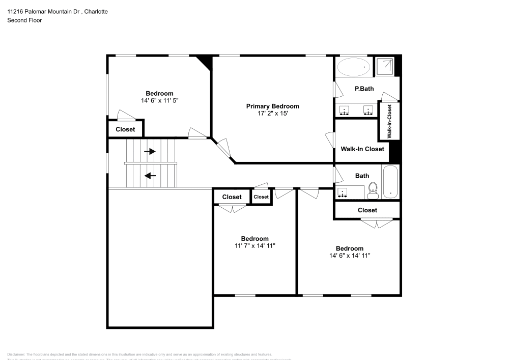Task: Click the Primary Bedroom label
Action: [x=272, y=106]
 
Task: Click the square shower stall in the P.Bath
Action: [x=385, y=66]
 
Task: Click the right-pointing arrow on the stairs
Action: [x=150, y=151]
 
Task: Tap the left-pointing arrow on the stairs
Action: [x=150, y=176]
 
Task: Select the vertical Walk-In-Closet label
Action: [x=389, y=121]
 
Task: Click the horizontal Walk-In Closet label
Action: [x=362, y=149]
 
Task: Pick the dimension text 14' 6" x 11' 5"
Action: [x=159, y=101]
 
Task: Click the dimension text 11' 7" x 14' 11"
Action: [x=254, y=245]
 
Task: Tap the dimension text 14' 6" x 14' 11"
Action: [x=349, y=256]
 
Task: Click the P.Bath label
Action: [x=364, y=89]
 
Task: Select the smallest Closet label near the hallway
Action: [x=261, y=197]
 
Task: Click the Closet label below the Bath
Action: [x=367, y=210]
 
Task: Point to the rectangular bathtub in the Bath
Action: [x=391, y=182]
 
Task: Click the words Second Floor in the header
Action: [x=24, y=20]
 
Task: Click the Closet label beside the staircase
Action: [x=125, y=129]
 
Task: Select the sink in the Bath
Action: [x=343, y=192]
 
